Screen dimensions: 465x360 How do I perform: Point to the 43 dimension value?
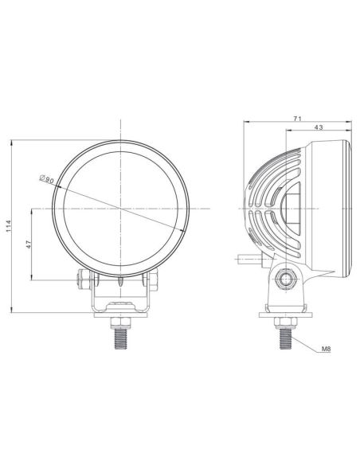(319, 127)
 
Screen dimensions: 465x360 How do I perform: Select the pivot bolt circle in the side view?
(286, 278)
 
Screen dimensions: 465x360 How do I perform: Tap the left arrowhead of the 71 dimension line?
(245, 122)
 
